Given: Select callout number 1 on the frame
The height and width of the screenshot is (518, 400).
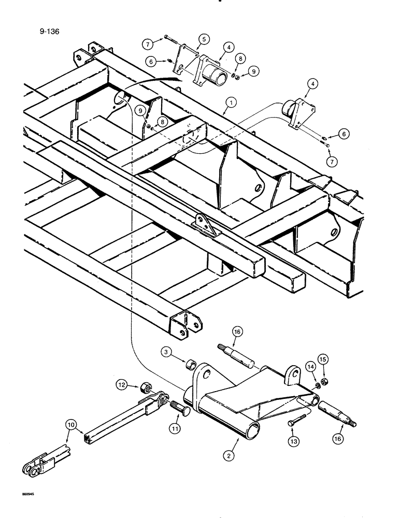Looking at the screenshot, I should (228, 103).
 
